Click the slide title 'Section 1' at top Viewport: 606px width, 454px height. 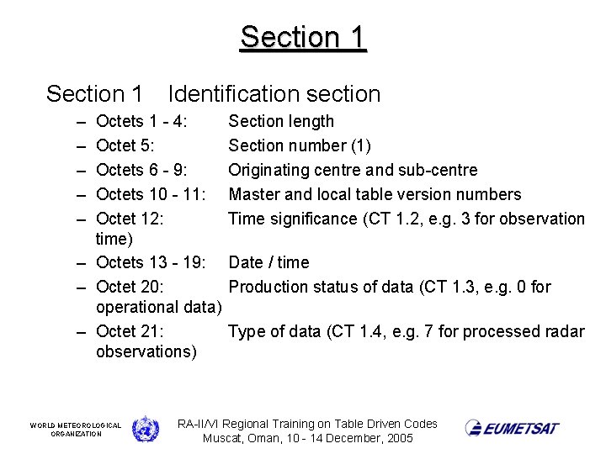pos(303,37)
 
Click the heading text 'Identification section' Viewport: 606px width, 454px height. pos(274,94)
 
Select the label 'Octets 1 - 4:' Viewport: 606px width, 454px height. pos(141,122)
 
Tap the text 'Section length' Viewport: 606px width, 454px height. pos(281,122)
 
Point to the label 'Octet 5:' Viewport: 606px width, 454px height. pos(125,146)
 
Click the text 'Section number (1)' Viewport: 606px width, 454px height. pos(300,146)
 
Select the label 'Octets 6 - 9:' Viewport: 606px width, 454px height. pos(141,171)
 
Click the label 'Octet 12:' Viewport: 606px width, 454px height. pos(130,219)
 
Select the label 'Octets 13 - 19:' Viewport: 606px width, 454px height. pos(151,263)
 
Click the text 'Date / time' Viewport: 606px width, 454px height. pos(268,263)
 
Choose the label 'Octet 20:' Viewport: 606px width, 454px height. pos(130,288)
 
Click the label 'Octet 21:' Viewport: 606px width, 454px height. pos(130,331)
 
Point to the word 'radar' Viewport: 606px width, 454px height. pos(565,331)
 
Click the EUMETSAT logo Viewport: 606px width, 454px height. pos(512,428)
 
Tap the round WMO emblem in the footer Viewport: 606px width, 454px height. pos(145,429)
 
